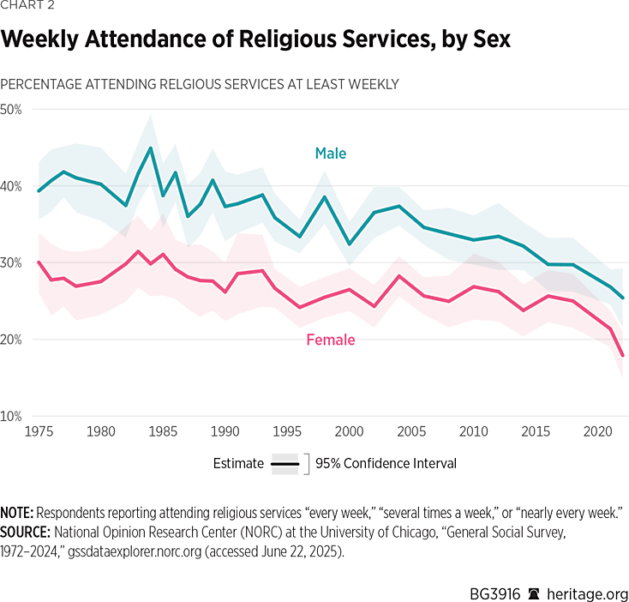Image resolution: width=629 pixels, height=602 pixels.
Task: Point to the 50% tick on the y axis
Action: (11, 110)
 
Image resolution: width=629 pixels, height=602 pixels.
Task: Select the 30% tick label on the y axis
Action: (11, 263)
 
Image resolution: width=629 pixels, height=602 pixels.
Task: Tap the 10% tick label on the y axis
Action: (11, 417)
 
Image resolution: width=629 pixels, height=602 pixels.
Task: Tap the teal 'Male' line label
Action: (330, 154)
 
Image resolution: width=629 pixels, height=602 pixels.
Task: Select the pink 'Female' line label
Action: (330, 340)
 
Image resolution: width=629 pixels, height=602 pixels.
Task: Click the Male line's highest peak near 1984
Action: (151, 147)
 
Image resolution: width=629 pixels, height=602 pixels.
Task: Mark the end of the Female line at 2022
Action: (622, 355)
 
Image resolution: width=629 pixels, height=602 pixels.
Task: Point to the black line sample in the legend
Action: (285, 463)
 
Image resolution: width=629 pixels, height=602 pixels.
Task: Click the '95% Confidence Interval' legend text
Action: (386, 463)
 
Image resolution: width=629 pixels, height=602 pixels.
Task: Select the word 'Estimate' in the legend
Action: (238, 463)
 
